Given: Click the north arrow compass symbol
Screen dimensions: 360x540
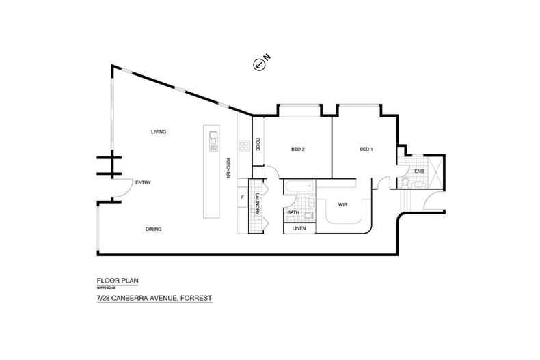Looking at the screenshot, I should tap(259, 65).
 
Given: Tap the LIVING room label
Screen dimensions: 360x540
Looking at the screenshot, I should tap(159, 132).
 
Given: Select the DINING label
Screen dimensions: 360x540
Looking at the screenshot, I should tap(153, 230).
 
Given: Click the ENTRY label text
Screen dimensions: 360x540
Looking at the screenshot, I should tap(143, 182).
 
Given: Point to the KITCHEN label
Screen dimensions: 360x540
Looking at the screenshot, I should tap(229, 168).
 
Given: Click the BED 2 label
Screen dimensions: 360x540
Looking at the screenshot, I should tap(297, 149).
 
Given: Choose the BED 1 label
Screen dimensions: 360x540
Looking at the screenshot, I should tap(366, 149).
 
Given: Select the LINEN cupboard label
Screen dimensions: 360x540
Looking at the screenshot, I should tap(299, 228).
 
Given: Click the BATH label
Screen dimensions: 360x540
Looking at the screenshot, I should tap(293, 212).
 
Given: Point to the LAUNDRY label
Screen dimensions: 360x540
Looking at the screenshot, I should tap(258, 204).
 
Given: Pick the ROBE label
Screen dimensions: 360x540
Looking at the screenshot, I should tap(258, 144).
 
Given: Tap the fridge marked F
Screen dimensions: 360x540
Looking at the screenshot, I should tap(243, 198).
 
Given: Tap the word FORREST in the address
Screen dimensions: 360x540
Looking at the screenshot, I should tap(195, 299).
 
